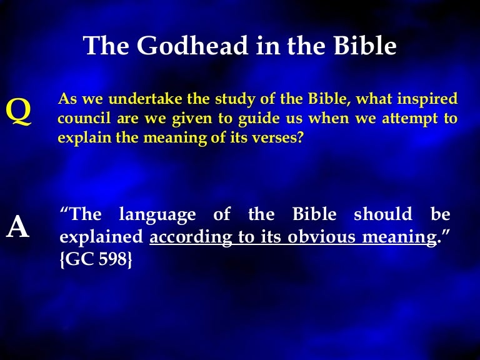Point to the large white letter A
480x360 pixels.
coord(17,229)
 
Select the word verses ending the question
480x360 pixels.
coord(282,137)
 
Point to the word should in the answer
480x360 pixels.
coord(383,216)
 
